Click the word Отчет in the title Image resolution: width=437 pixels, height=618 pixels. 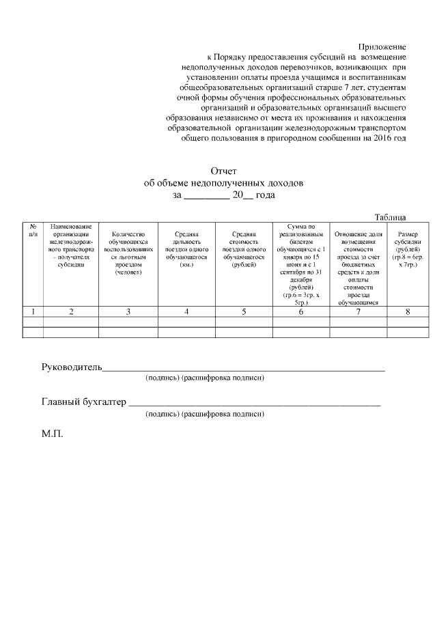pyautogui.click(x=223, y=171)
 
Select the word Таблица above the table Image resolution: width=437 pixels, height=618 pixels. pyautogui.click(x=391, y=217)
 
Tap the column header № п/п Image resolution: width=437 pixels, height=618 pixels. pyautogui.click(x=33, y=229)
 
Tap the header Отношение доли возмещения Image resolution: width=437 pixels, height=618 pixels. pyautogui.click(x=358, y=267)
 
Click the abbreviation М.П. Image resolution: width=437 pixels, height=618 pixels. pyautogui.click(x=53, y=434)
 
